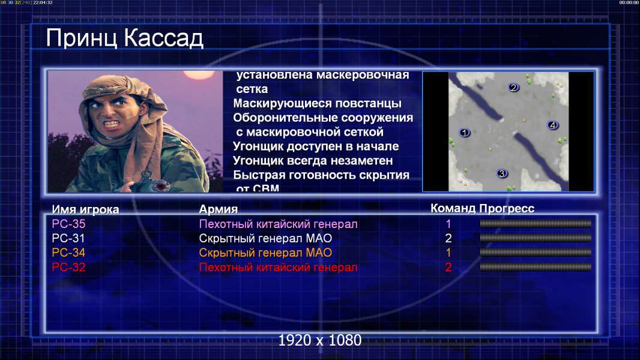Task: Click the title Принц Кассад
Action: click(124, 38)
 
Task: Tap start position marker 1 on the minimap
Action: click(464, 133)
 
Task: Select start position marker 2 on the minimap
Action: click(513, 87)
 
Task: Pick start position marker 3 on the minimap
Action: click(502, 173)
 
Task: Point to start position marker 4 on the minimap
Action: click(553, 125)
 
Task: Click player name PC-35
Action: click(68, 224)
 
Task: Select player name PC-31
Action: click(68, 238)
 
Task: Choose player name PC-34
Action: click(68, 253)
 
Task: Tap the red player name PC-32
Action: click(68, 268)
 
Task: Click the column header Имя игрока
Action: click(85, 209)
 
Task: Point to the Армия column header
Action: click(218, 209)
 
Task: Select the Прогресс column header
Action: click(507, 208)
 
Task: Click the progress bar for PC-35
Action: click(536, 223)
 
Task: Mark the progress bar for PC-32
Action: click(536, 267)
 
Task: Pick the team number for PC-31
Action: click(448, 238)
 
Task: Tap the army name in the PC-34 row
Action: click(265, 253)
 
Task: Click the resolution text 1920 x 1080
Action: click(320, 340)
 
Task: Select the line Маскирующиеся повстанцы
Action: click(317, 104)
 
